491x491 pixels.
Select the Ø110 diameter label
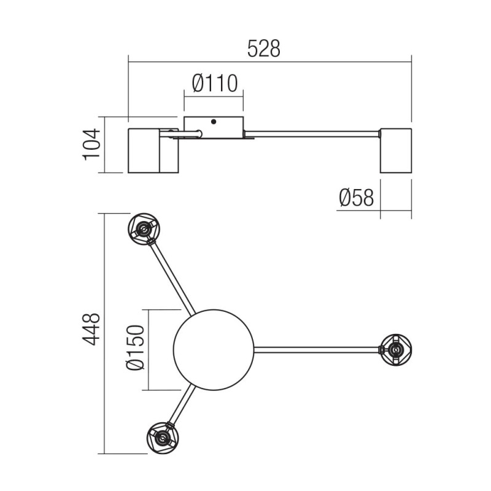point(214,83)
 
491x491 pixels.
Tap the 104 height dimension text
point(91,144)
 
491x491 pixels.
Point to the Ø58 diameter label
point(356,198)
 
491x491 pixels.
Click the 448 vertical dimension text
point(91,330)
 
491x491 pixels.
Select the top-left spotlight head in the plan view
point(144,229)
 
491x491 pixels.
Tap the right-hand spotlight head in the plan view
point(396,350)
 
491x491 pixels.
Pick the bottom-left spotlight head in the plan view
point(162,438)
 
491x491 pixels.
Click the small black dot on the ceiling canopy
point(213,122)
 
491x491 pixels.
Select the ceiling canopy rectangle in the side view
point(214,126)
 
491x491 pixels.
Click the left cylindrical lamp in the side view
point(152,150)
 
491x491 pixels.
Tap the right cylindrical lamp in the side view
point(395,150)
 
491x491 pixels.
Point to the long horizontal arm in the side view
point(312,133)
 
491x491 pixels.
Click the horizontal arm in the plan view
point(316,350)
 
